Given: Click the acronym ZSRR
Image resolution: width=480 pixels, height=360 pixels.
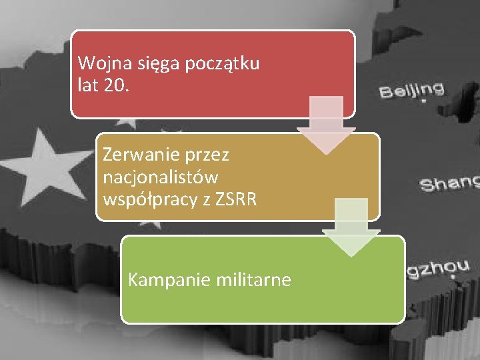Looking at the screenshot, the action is [235, 199].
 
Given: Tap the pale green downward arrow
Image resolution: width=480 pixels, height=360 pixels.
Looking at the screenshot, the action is [351, 227].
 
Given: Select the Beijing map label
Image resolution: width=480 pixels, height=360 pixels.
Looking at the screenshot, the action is [412, 89].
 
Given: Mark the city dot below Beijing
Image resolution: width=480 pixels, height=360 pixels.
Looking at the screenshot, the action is [422, 102].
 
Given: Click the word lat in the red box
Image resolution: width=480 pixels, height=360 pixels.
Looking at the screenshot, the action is [89, 85].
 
